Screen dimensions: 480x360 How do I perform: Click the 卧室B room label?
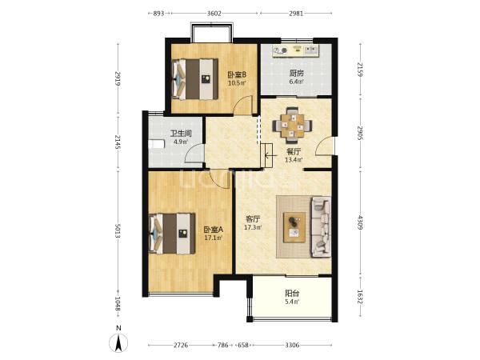pos(237,74)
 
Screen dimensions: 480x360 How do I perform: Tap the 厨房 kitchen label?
pos(296,74)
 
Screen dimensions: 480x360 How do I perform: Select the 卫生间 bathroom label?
pos(181,134)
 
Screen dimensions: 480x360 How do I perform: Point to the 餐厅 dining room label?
pos(294,151)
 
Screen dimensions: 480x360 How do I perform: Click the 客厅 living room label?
pos(253,219)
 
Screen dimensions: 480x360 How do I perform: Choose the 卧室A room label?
pos(214,230)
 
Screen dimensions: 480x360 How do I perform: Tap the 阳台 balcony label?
pos(292,294)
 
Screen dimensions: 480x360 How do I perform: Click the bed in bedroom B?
pos(195,79)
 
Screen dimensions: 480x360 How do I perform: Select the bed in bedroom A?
pos(172,234)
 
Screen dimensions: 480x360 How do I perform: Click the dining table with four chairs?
pos(292,126)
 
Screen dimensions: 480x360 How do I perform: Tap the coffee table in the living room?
pos(294,227)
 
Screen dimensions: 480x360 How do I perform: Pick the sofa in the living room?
pos(321,227)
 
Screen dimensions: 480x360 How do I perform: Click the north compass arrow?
pos(118,343)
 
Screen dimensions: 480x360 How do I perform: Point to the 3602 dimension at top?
pos(214,13)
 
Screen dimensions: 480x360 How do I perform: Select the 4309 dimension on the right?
pos(360,223)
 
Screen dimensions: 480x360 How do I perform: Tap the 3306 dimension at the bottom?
pos(292,346)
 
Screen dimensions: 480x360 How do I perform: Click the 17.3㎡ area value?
pos(253,227)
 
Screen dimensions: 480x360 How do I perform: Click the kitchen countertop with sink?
pos(296,51)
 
